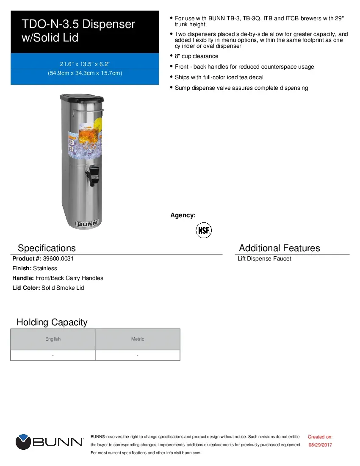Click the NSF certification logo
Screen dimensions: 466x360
click(x=204, y=230)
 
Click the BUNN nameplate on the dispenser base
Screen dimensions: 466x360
click(x=87, y=223)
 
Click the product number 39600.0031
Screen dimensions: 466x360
click(x=55, y=258)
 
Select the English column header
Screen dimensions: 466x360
click(x=53, y=339)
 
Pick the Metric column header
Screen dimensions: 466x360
click(x=138, y=339)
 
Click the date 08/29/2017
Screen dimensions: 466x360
click(x=320, y=445)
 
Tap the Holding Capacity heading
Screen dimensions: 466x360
click(x=52, y=322)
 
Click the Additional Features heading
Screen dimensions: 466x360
click(x=280, y=248)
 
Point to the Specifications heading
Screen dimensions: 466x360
click(x=47, y=248)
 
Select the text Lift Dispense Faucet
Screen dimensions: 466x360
click(x=264, y=259)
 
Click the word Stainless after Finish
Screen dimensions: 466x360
click(x=45, y=268)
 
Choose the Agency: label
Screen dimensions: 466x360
click(x=183, y=215)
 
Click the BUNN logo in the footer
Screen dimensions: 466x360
click(x=50, y=442)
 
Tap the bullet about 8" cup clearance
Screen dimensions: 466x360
click(x=197, y=56)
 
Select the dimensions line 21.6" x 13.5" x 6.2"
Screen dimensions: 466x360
click(x=85, y=64)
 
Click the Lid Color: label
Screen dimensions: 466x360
click(x=26, y=288)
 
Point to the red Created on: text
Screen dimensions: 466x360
click(x=320, y=437)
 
